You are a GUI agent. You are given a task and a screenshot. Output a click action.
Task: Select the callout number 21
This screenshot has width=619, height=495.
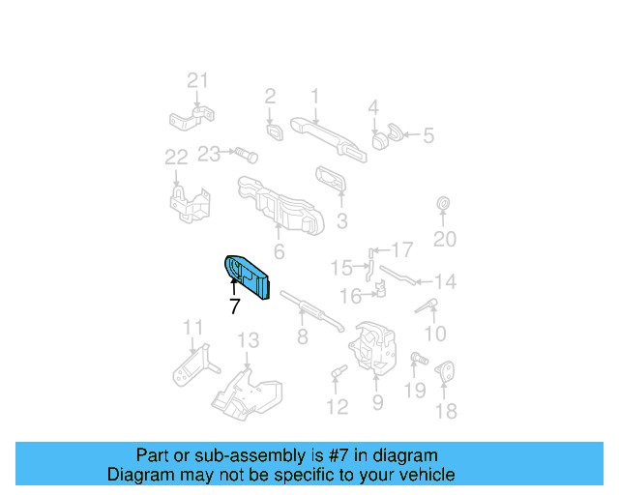pos(197,80)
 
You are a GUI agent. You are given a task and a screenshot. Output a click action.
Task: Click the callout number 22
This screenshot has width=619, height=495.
pos(176,157)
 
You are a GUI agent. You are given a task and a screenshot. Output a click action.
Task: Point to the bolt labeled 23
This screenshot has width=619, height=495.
pos(244,153)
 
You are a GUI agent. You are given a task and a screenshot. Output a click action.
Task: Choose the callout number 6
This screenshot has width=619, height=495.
pos(279,253)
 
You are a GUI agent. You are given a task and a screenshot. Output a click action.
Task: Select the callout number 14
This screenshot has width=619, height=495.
pos(444,282)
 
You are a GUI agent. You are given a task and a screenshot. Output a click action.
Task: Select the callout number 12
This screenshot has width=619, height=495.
pos(337,407)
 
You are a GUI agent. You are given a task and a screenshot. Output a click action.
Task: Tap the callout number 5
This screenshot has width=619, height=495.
pos(428,136)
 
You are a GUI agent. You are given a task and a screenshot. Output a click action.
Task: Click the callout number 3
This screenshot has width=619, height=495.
pos(341,221)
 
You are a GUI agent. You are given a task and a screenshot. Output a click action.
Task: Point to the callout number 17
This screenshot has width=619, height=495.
pos(401,249)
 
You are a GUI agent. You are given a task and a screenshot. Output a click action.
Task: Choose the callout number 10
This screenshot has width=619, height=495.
pos(435,335)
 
